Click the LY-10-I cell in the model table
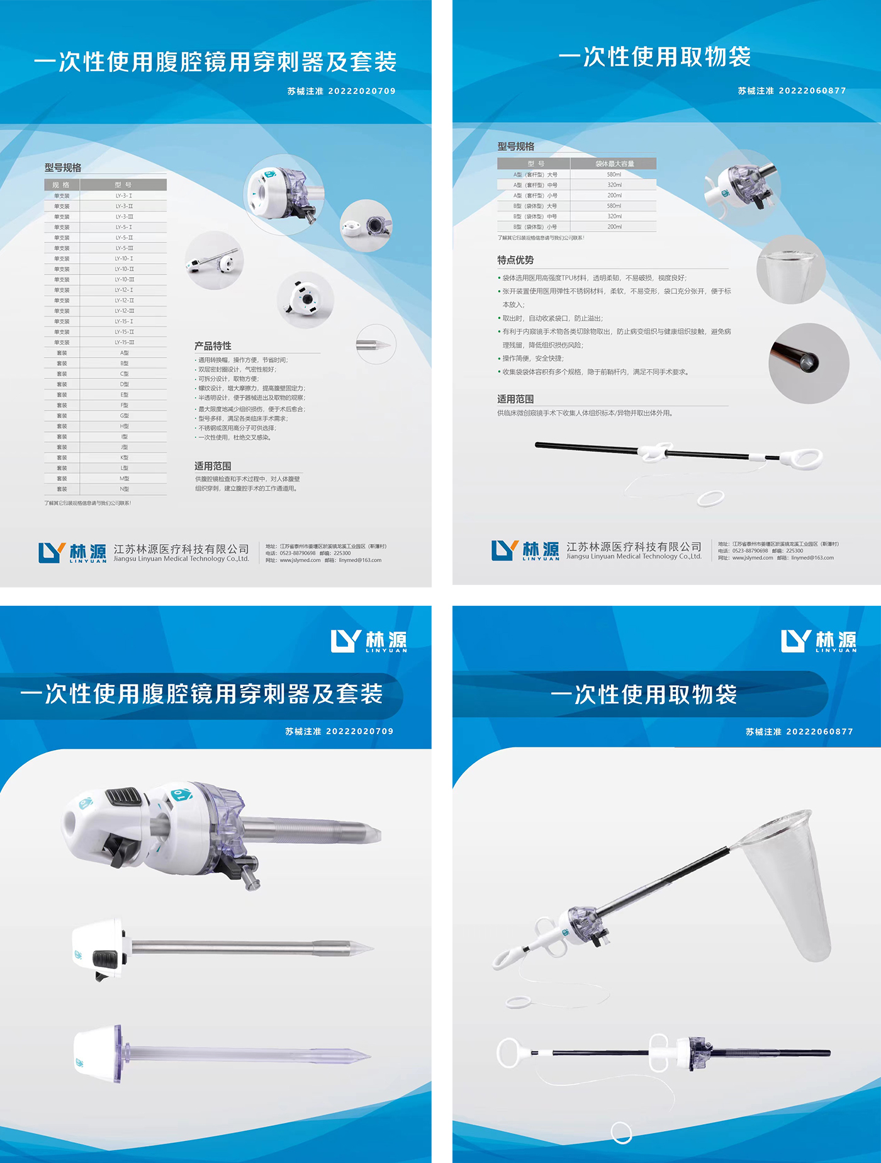(124, 259)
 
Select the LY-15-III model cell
(124, 343)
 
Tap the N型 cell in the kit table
(124, 489)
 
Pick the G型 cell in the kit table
(124, 416)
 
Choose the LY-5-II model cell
(124, 238)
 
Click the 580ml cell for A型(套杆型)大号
(614, 174)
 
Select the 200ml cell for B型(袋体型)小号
(614, 227)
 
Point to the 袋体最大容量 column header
(614, 164)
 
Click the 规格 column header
(61, 185)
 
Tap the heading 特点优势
(515, 260)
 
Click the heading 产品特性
(213, 346)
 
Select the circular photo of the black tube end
(809, 363)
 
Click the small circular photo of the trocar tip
(376, 344)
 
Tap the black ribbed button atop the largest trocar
(123, 796)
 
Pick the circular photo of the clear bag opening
(790, 269)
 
